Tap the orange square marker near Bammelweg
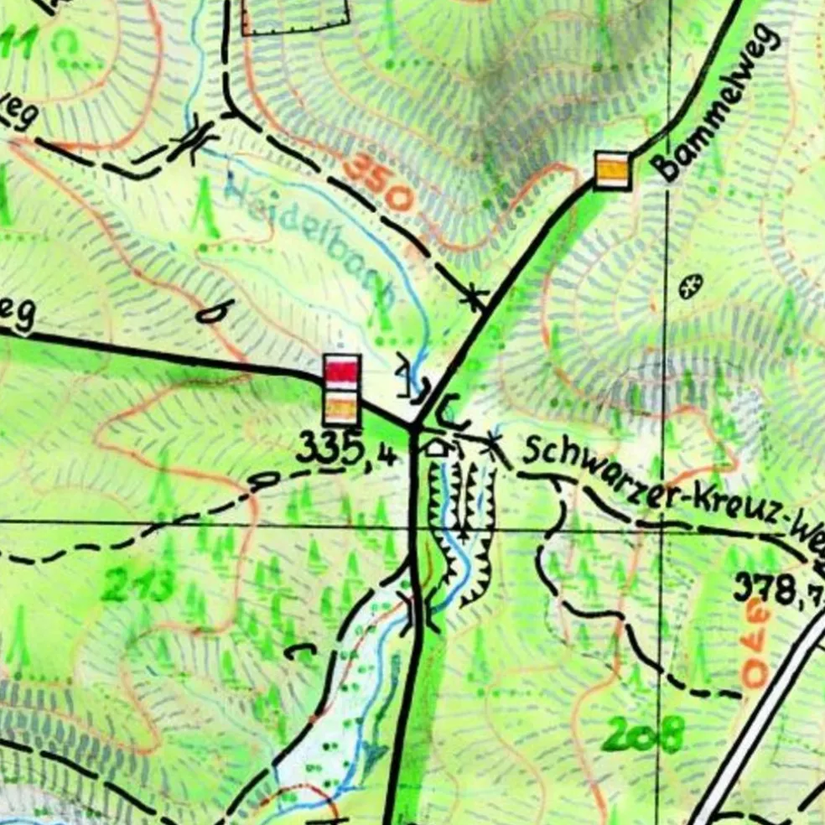pos(612,170)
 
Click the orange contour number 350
pos(378,184)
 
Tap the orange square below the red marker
pos(342,408)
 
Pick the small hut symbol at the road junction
pos(435,446)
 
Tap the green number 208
pos(642,736)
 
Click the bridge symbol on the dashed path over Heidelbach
pos(194,140)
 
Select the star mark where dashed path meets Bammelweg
pos(475,297)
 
